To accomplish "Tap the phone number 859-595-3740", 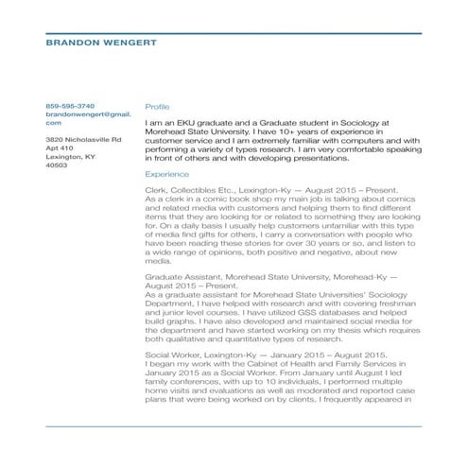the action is pyautogui.click(x=70, y=105).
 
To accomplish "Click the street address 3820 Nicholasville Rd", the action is pyautogui.click(x=84, y=139).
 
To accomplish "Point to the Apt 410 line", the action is pyautogui.click(x=60, y=147).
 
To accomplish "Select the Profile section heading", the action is pyautogui.click(x=157, y=106).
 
